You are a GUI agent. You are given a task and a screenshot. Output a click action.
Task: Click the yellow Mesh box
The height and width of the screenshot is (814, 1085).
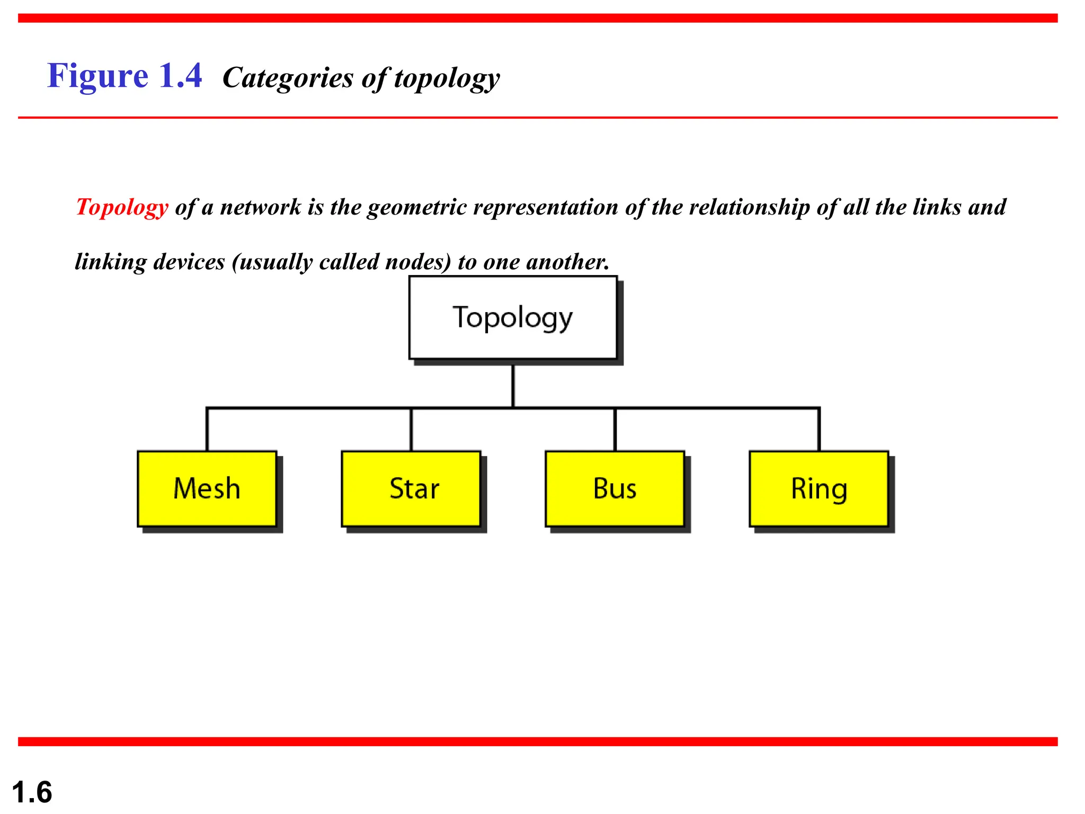pyautogui.click(x=207, y=489)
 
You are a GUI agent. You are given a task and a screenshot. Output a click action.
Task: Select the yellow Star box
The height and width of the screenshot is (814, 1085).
pyautogui.click(x=411, y=489)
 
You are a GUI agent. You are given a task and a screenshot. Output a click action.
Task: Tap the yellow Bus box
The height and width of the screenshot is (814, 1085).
pyautogui.click(x=615, y=489)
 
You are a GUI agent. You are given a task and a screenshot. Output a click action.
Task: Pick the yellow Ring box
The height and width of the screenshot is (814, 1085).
pyautogui.click(x=819, y=489)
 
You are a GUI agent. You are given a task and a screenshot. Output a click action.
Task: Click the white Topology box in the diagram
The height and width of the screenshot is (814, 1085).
pyautogui.click(x=513, y=317)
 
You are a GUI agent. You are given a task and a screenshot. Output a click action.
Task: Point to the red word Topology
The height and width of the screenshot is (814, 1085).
pyautogui.click(x=122, y=207)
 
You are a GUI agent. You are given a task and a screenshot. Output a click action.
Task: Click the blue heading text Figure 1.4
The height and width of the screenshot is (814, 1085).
pyautogui.click(x=124, y=76)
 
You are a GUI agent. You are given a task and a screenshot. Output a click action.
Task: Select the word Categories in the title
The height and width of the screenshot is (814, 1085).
pyautogui.click(x=288, y=78)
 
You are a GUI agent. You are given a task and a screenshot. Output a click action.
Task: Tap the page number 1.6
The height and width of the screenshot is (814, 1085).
pyautogui.click(x=32, y=792)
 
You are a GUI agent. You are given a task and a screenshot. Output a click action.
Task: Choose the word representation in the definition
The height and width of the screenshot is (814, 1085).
pyautogui.click(x=546, y=207)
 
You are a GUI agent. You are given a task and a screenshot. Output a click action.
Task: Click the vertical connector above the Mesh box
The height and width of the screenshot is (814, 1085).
pyautogui.click(x=207, y=430)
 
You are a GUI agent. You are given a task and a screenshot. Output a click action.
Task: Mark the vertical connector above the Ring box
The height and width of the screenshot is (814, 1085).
pyautogui.click(x=819, y=430)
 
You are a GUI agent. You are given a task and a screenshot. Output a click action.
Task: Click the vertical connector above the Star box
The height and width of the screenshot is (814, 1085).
pyautogui.click(x=411, y=430)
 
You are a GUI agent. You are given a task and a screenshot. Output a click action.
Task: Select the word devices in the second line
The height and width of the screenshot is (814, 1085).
pyautogui.click(x=189, y=262)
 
